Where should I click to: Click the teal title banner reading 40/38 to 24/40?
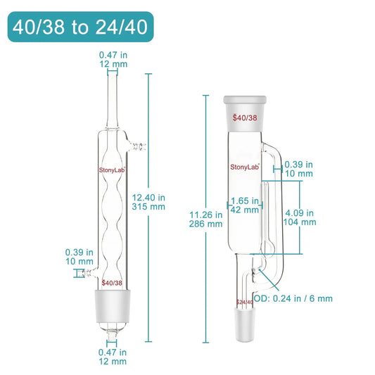point(81,27)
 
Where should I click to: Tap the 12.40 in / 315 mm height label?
point(148,202)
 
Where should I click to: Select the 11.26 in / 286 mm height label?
point(206,220)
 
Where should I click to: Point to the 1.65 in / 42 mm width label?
point(245,205)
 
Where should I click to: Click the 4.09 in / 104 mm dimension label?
point(300,217)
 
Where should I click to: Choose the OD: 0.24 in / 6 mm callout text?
point(293,298)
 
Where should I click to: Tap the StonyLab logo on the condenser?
point(112,170)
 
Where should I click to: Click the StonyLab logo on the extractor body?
point(245,167)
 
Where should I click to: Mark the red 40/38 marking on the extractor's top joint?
point(245,117)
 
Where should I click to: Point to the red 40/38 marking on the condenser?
point(112,283)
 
